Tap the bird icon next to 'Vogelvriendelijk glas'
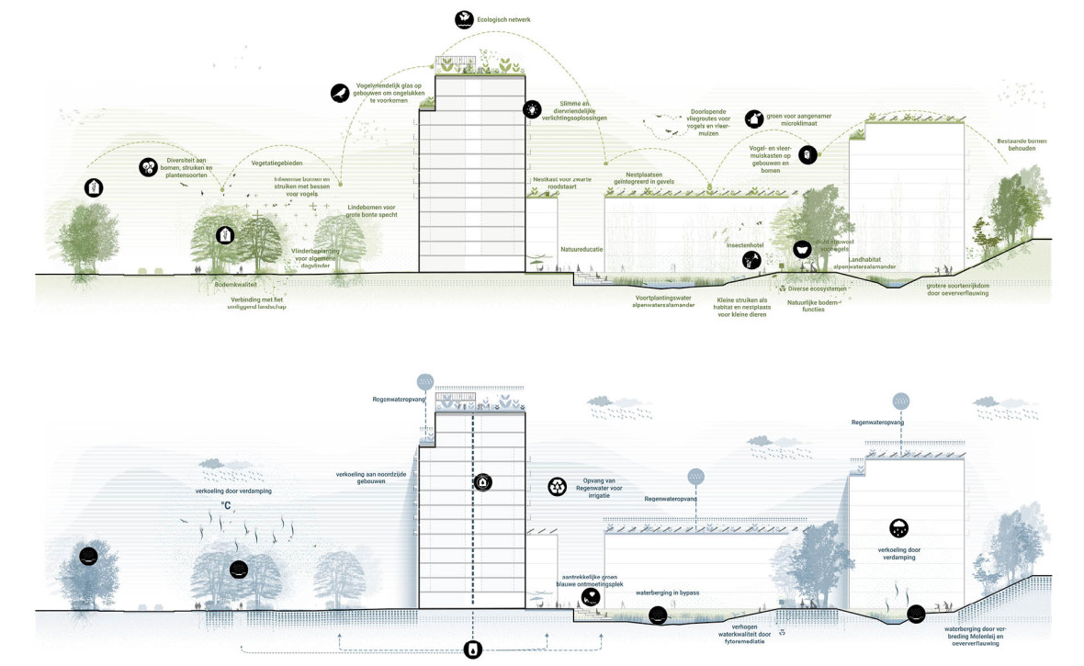340,92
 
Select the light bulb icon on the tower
531,109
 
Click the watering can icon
753,119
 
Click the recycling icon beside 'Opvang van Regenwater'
557,486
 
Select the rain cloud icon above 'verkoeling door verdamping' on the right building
898,528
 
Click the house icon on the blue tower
481,482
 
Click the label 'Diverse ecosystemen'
816,288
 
